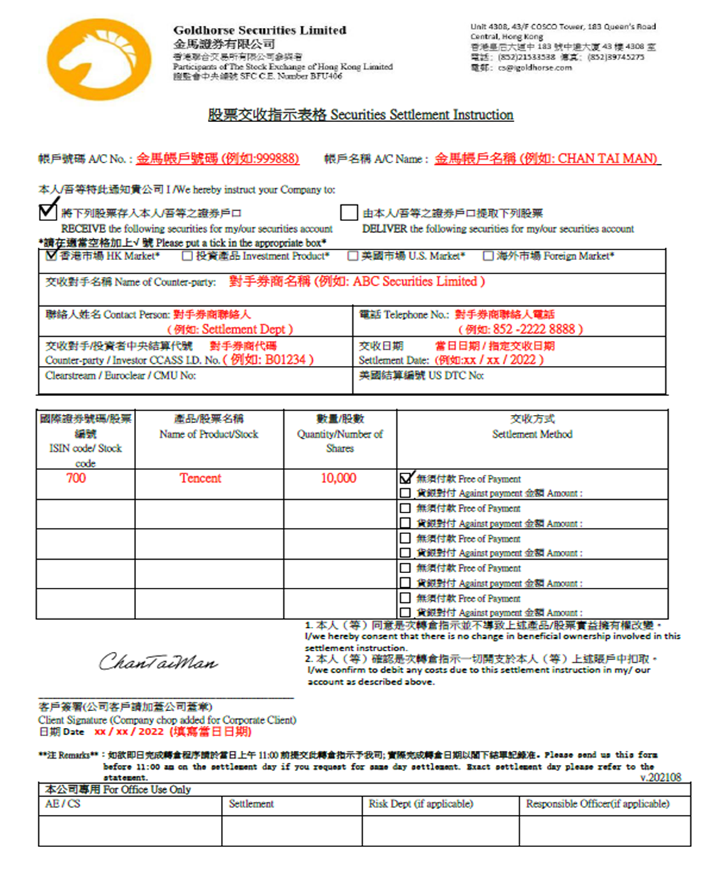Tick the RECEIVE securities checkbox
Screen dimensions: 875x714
click(47, 210)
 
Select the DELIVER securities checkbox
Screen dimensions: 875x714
click(349, 212)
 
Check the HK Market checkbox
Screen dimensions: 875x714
click(51, 256)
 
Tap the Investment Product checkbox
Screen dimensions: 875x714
click(187, 257)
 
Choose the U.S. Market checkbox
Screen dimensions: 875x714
click(353, 257)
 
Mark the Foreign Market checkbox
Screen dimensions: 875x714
click(488, 257)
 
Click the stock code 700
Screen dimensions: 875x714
click(76, 478)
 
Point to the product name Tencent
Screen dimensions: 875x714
click(200, 478)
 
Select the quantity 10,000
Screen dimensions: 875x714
click(338, 478)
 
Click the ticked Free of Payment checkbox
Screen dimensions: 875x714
click(406, 478)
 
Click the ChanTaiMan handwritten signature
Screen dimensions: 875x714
click(158, 661)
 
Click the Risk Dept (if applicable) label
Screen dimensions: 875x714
click(421, 804)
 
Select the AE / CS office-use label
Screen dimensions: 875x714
click(63, 804)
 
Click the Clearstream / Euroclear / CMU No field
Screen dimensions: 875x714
click(121, 376)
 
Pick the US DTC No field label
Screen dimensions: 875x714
click(421, 376)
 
